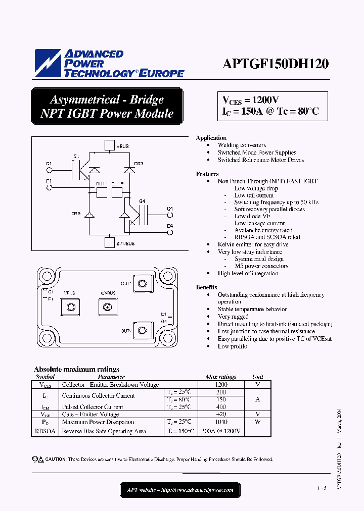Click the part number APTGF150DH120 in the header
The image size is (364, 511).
point(276,64)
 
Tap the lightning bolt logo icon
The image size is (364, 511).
point(48,64)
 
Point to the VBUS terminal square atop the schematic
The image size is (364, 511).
point(109,146)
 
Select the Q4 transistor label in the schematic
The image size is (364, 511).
point(142,201)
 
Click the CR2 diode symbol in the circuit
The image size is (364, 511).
point(89,215)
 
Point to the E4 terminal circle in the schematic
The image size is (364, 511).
point(170,232)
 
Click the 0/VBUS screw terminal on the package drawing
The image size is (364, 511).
point(107,306)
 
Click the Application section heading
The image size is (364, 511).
point(211,138)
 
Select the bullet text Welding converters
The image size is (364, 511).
point(242,145)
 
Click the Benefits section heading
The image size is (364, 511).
point(207,287)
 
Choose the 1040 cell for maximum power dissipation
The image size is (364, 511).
point(221,422)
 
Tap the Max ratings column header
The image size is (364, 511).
point(221,377)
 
